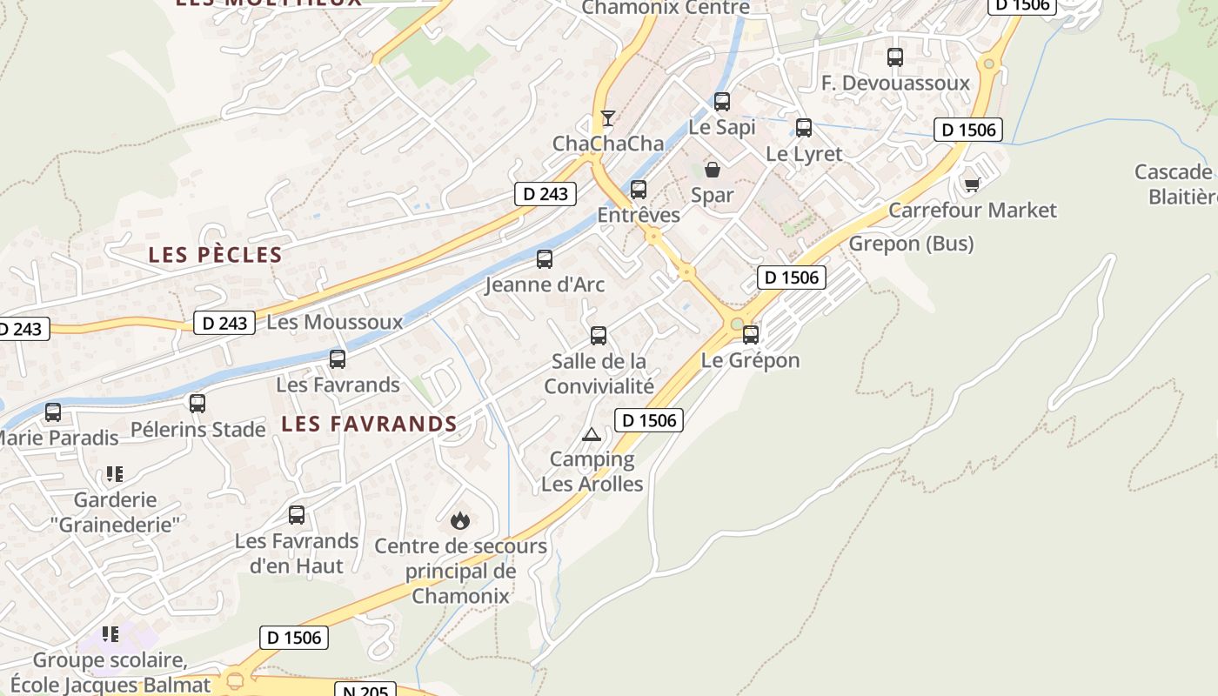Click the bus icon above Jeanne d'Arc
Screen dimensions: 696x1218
(x=545, y=258)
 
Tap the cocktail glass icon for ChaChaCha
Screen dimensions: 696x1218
(x=608, y=117)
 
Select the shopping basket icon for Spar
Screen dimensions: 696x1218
(x=713, y=169)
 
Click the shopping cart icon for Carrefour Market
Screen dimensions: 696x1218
(x=972, y=184)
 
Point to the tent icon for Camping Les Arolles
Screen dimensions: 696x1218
(x=592, y=433)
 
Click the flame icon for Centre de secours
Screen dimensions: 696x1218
(x=460, y=520)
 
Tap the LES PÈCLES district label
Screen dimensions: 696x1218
(x=215, y=255)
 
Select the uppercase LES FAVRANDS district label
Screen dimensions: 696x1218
(x=370, y=424)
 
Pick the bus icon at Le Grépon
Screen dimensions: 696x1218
(x=750, y=334)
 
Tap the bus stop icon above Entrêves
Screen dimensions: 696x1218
(x=639, y=189)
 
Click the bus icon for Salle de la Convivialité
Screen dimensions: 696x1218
(x=599, y=335)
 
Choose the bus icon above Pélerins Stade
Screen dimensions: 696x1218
(x=197, y=403)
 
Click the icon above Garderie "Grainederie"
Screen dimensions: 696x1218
(x=114, y=474)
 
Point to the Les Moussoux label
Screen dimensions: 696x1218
(x=335, y=322)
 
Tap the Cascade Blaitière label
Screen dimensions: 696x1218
(x=1179, y=184)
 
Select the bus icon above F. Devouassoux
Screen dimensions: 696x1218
(x=895, y=57)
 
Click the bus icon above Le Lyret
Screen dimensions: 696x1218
(x=804, y=128)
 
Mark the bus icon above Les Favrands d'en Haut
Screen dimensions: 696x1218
(x=297, y=515)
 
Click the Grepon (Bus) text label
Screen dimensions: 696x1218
(x=911, y=244)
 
